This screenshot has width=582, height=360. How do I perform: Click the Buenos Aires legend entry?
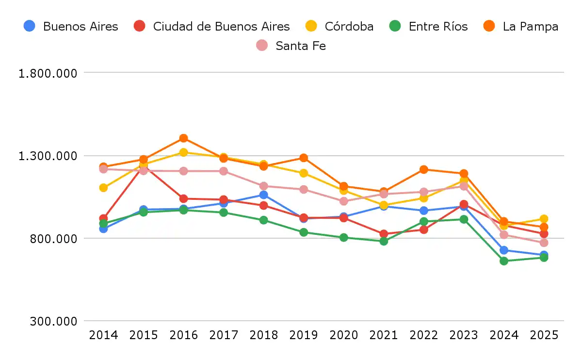coord(71,26)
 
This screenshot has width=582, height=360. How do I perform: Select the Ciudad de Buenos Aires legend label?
coord(212,26)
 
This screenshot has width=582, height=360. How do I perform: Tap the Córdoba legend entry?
coord(339,26)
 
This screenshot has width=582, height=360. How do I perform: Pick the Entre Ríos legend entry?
coord(429,26)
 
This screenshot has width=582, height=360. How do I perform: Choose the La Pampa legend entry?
coord(521,26)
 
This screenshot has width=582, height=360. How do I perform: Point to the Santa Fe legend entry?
coord(291,46)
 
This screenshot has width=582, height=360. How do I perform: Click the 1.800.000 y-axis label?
coord(48,73)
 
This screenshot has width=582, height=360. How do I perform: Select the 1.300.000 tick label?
coord(48,156)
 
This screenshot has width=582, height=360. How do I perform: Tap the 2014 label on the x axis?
coord(103,335)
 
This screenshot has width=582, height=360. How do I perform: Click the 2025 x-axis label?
coord(544,335)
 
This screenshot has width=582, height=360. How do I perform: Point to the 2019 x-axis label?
coord(304,335)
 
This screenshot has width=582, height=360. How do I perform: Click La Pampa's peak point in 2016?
coord(183,138)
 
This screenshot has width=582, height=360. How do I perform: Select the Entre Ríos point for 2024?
coord(504,261)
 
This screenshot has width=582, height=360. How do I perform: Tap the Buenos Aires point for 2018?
coord(263,195)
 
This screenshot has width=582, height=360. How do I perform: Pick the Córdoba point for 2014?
coord(103,188)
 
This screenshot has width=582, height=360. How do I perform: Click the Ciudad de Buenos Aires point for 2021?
coord(384,234)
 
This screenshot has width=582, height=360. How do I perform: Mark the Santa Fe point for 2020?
coord(344,201)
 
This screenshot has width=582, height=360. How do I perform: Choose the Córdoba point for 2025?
coord(544,219)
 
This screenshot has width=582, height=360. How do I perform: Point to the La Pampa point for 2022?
coord(424,169)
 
